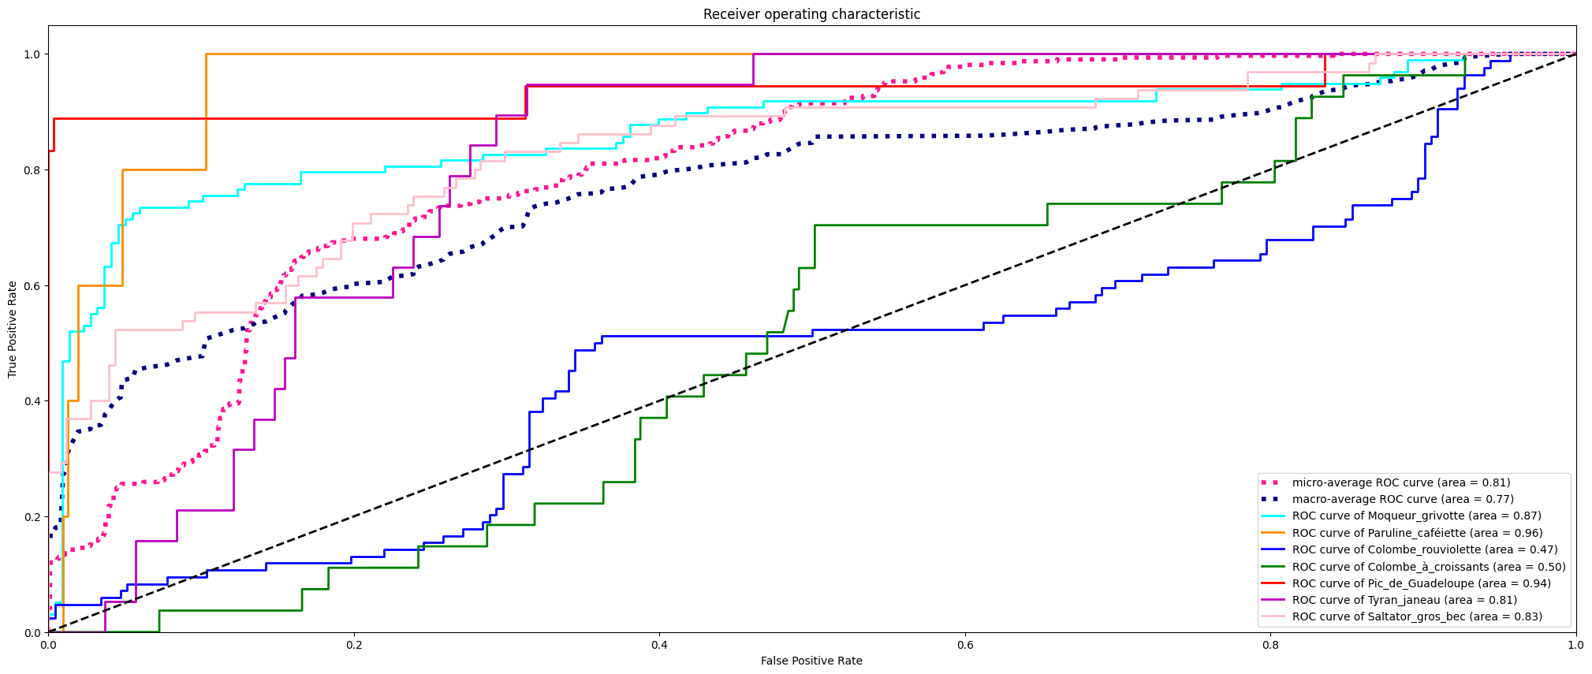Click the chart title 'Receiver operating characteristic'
[811, 14]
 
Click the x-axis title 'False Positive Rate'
[811, 661]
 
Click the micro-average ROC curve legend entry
[1400, 482]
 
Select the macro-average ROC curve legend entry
[1402, 499]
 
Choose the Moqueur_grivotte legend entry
[1416, 516]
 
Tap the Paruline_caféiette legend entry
[1417, 533]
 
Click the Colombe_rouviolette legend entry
[1425, 549]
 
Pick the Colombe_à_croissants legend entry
[1429, 567]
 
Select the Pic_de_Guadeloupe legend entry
[1421, 583]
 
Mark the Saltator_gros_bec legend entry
[1417, 616]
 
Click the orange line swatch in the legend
[1273, 533]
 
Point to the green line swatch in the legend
[1273, 567]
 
